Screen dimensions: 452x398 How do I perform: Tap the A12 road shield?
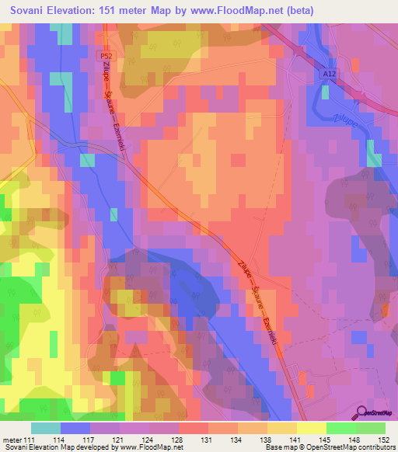(328, 73)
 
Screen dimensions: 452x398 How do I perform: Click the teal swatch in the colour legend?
(46, 428)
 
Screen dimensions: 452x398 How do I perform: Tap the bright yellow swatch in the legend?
(311, 428)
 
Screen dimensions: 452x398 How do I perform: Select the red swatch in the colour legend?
(194, 428)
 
